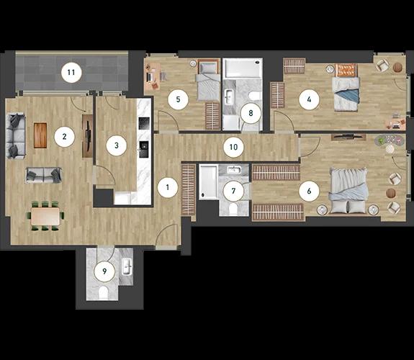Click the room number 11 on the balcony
pyautogui.click(x=71, y=73)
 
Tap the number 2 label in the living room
pyautogui.click(x=64, y=137)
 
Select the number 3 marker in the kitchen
pyautogui.click(x=117, y=145)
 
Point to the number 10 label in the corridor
pyautogui.click(x=234, y=147)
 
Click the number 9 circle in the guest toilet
pyautogui.click(x=105, y=271)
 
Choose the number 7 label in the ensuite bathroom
pyautogui.click(x=233, y=191)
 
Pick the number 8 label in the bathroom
pyautogui.click(x=251, y=113)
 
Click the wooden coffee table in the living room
pyautogui.click(x=40, y=135)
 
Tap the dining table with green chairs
pyautogui.click(x=45, y=216)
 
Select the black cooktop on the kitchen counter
pyautogui.click(x=144, y=123)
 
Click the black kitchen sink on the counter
pyautogui.click(x=144, y=149)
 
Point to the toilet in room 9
pyautogui.click(x=103, y=292)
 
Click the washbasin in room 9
pyautogui.click(x=127, y=267)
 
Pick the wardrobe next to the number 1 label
pyautogui.click(x=189, y=189)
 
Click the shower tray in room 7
pyautogui.click(x=209, y=181)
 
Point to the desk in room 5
pyautogui.click(x=153, y=76)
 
